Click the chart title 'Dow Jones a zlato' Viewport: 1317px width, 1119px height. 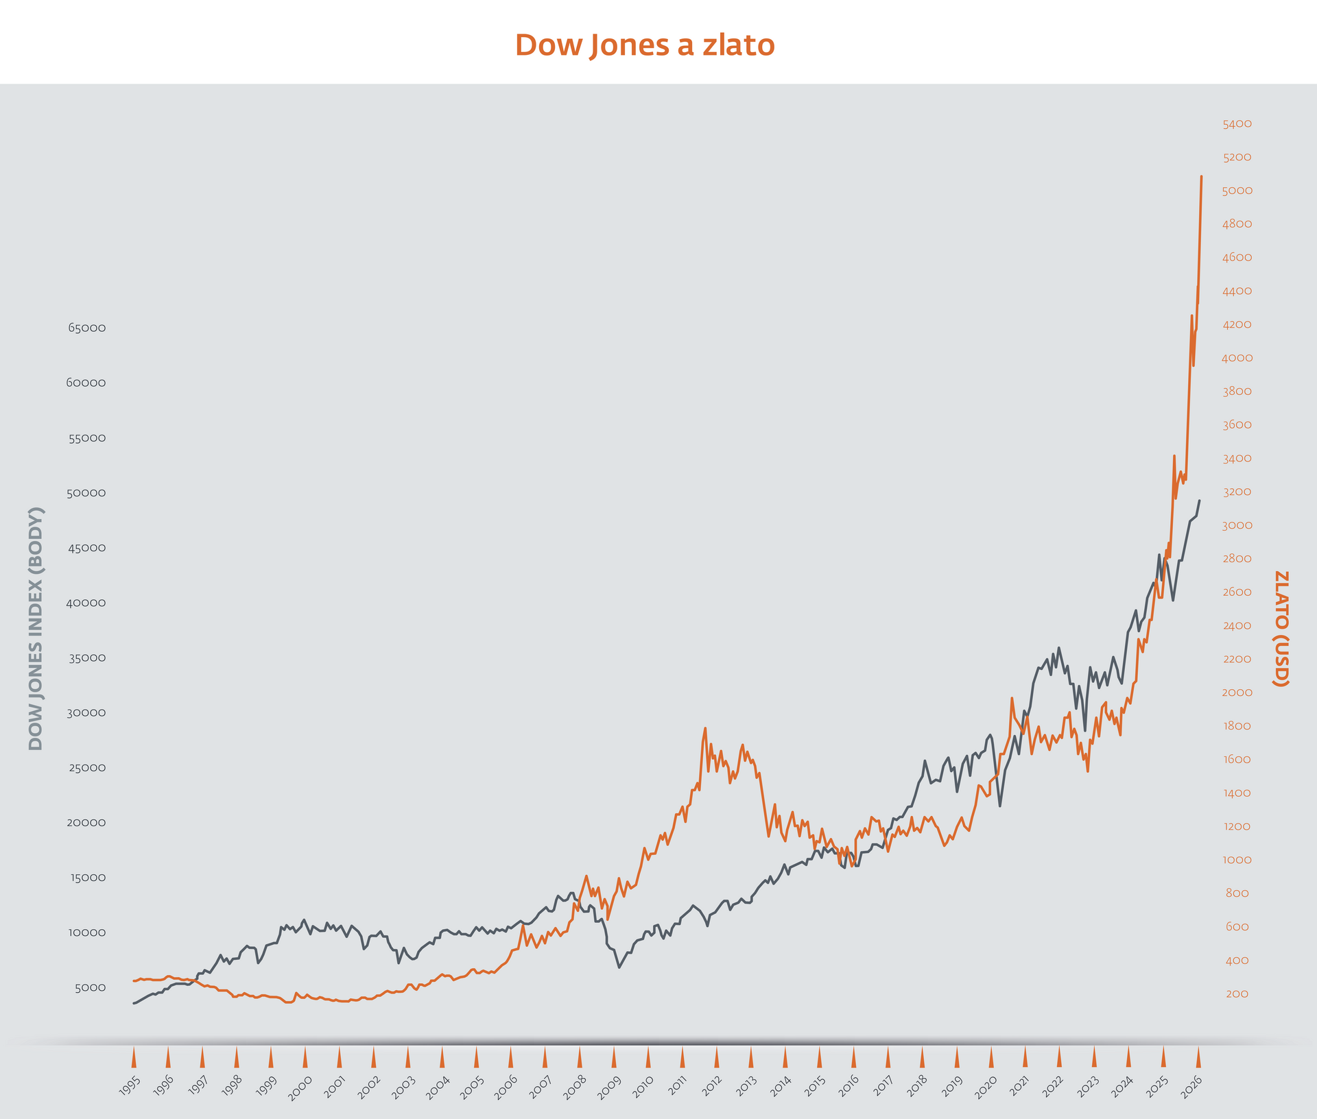pos(645,45)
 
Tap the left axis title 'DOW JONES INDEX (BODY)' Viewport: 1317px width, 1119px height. pos(36,629)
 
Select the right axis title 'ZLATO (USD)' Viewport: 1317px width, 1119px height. pos(1281,629)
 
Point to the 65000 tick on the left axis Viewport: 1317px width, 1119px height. pos(87,328)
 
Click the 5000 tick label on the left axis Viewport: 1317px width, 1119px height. pos(91,987)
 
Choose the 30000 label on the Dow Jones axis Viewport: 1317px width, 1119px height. pos(87,712)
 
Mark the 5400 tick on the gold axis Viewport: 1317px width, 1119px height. pos(1237,124)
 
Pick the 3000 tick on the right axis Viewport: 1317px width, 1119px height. pos(1237,525)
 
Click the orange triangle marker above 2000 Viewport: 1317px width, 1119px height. pos(305,1057)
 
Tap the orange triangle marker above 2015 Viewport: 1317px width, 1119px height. pos(819,1057)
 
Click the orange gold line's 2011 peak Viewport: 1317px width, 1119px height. pos(705,728)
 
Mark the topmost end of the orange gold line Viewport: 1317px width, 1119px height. pos(1201,177)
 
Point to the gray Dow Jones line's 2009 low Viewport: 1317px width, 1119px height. pos(619,967)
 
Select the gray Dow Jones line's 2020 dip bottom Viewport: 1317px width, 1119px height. pos(1000,806)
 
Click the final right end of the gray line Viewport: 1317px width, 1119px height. pos(1199,501)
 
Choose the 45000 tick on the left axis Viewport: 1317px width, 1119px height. pos(87,548)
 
